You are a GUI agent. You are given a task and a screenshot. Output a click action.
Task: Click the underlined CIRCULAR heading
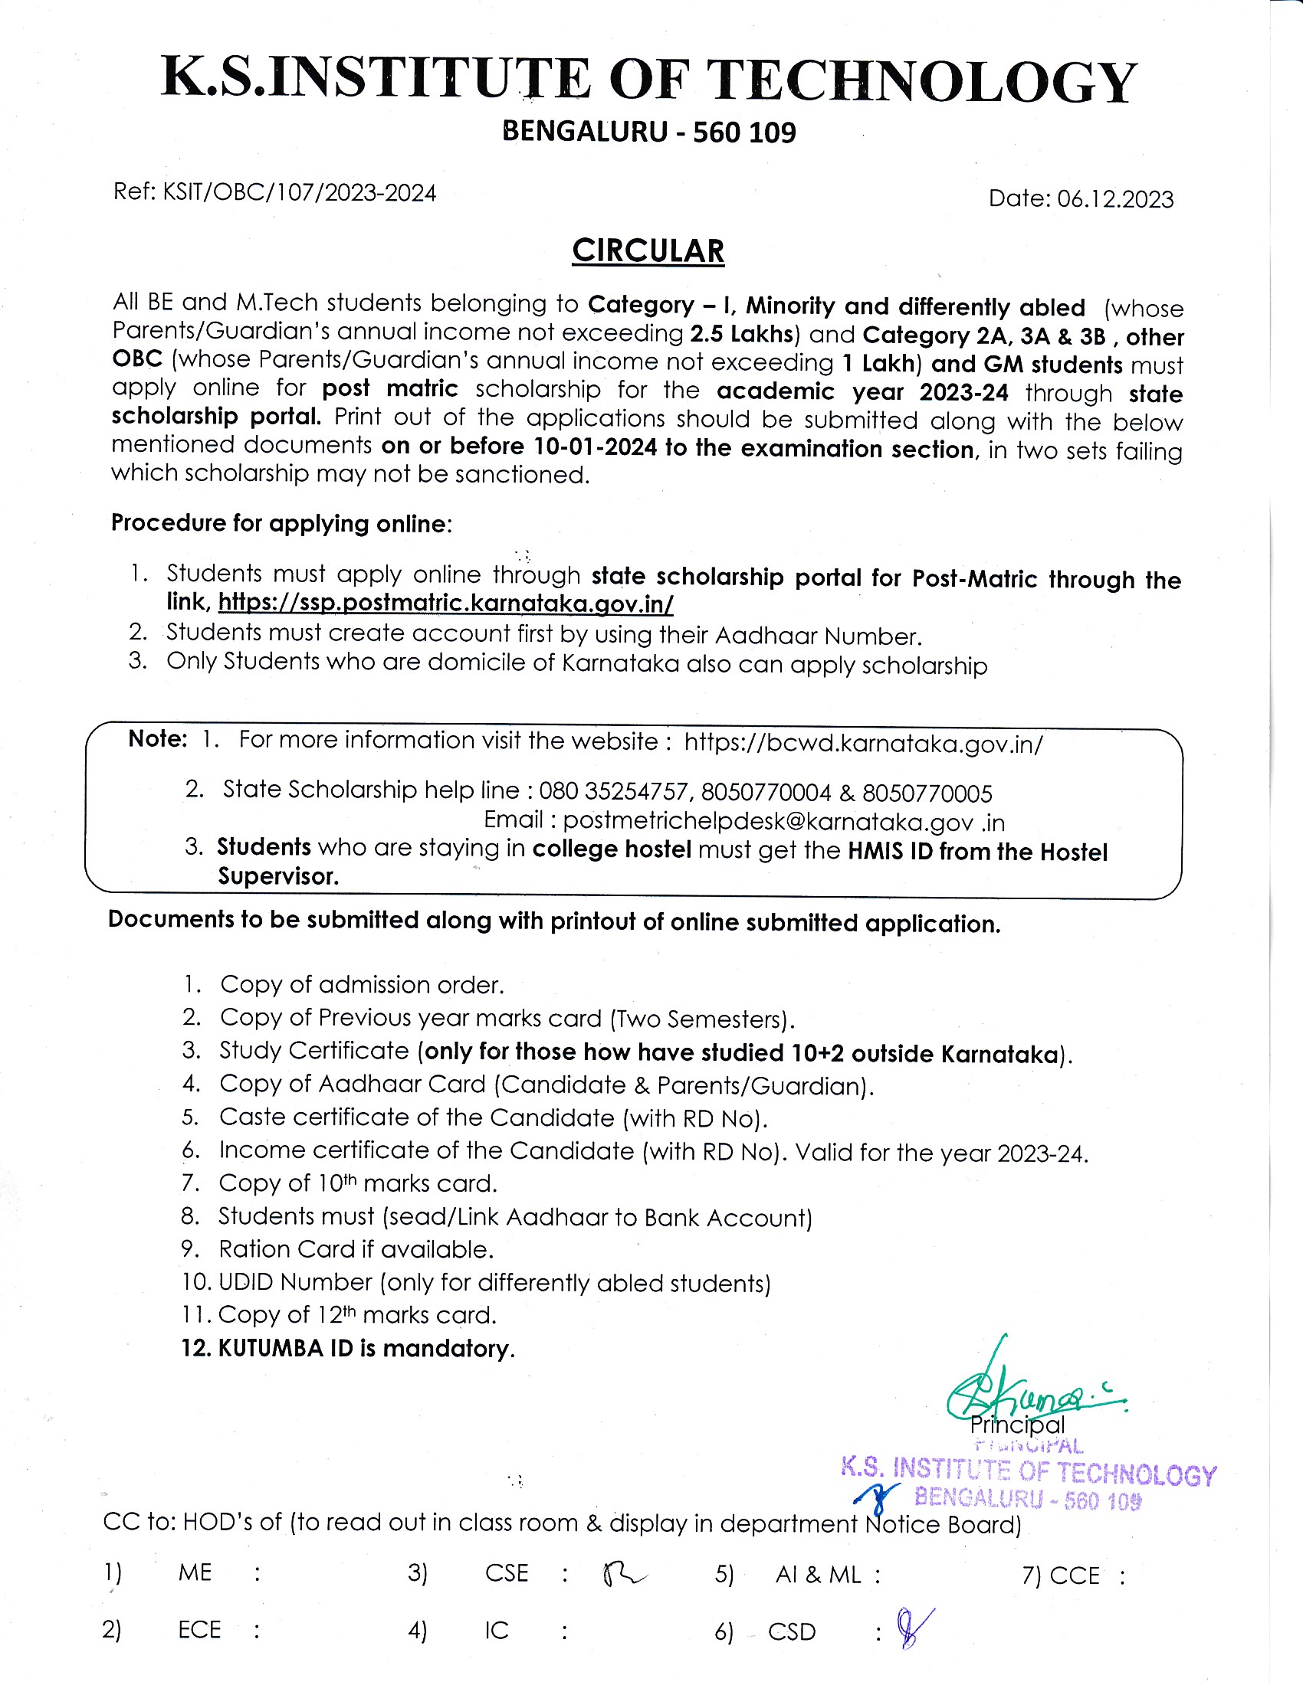(648, 251)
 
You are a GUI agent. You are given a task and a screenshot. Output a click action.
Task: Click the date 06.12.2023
(1114, 199)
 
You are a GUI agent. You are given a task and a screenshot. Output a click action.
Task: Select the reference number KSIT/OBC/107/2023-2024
(300, 192)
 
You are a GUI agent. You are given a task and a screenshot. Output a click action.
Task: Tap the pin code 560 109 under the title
(744, 133)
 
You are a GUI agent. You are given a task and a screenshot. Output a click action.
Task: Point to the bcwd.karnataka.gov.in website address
(863, 744)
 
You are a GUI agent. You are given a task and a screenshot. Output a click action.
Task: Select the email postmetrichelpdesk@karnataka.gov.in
(783, 823)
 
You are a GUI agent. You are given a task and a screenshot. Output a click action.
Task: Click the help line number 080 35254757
(614, 793)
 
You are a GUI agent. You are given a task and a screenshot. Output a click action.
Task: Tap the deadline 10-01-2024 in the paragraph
(595, 447)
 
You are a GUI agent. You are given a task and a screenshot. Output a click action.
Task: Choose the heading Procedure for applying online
(281, 524)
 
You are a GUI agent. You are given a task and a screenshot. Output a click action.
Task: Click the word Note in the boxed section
(156, 739)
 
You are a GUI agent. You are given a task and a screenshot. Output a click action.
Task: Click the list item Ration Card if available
(356, 1249)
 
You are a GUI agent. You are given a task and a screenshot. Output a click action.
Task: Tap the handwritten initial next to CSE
(622, 1572)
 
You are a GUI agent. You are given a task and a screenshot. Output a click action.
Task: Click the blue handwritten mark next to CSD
(913, 1627)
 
